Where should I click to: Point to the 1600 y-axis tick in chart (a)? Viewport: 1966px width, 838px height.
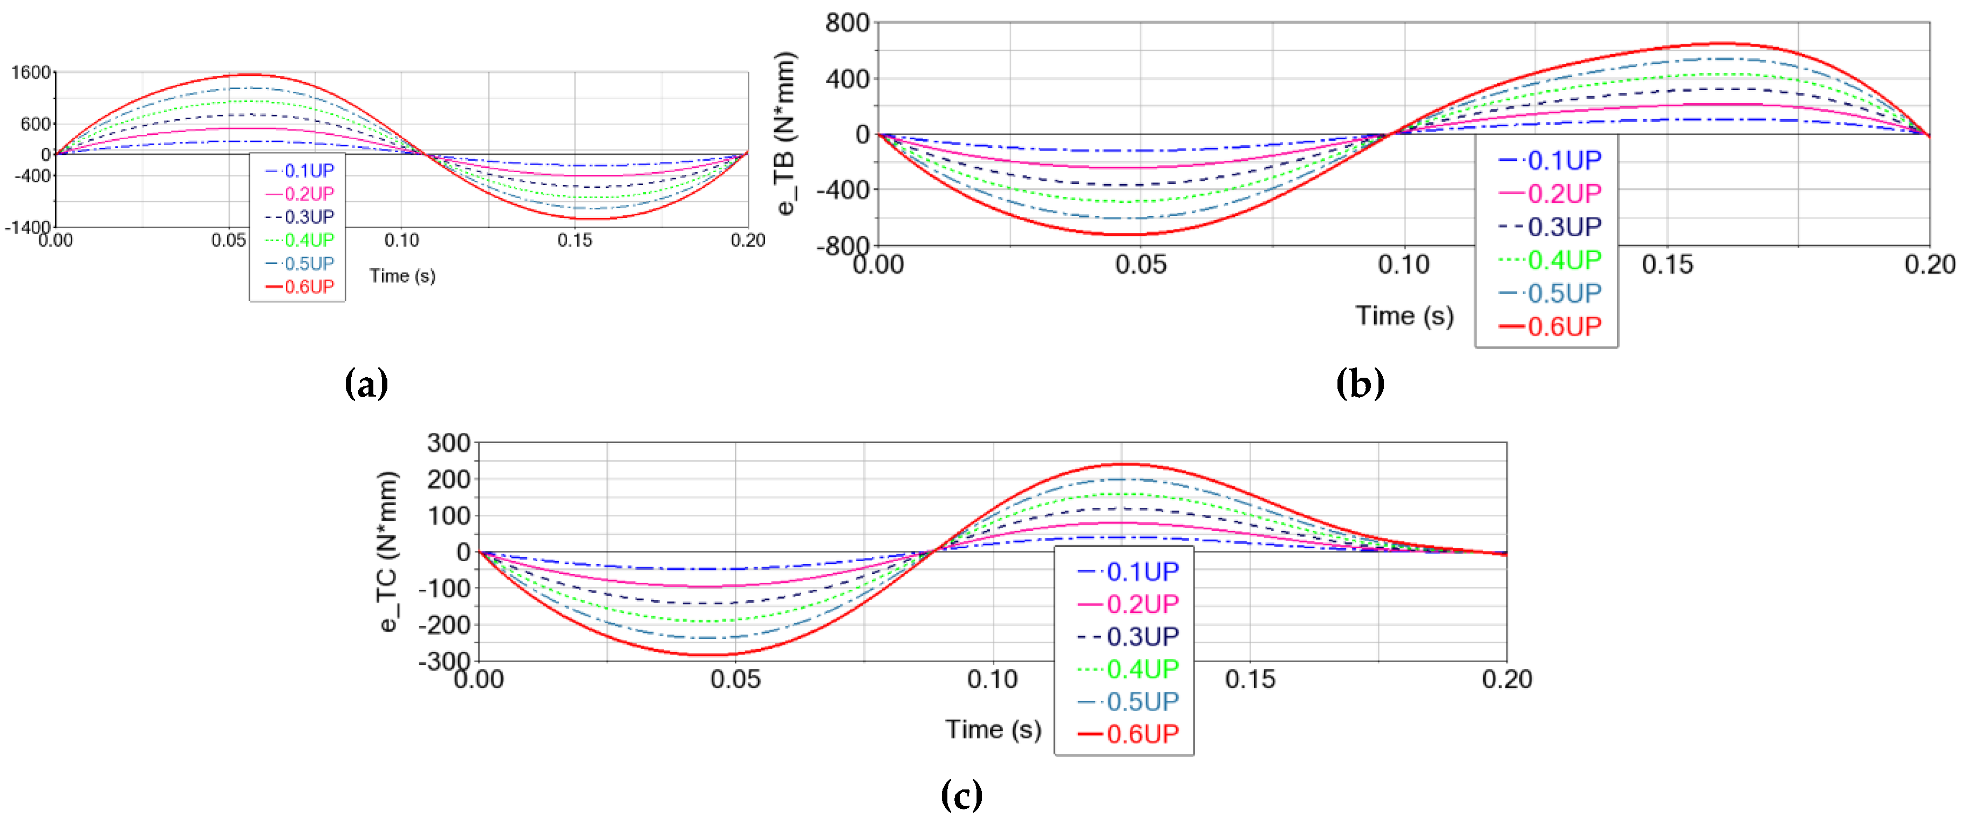coord(31,72)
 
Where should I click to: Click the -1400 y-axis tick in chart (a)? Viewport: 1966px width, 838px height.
coord(28,227)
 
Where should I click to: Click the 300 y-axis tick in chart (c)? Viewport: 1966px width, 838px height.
coord(449,442)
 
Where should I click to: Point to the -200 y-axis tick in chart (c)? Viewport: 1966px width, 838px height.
coord(444,625)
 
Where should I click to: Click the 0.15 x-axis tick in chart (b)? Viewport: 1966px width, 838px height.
coord(1668,265)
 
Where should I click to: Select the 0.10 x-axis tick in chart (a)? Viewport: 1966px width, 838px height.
coord(402,241)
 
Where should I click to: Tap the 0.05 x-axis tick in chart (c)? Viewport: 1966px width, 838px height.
coord(736,679)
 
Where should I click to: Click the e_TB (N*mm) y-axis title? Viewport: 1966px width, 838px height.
coord(787,134)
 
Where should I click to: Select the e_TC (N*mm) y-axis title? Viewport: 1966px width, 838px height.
coord(388,551)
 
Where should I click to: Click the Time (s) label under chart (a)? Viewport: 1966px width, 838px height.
coord(402,276)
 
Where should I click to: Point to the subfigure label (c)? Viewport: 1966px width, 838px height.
coord(961,795)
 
